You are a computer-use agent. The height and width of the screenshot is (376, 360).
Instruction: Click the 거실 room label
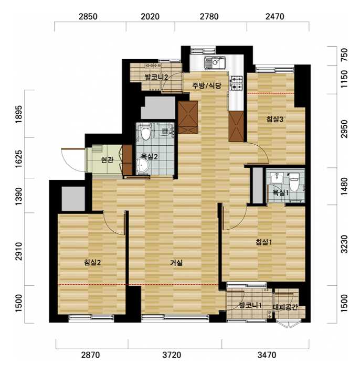coord(176,263)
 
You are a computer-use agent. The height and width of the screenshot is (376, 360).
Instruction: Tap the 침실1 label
coord(264,242)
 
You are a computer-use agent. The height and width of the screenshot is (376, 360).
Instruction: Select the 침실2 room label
coord(92,262)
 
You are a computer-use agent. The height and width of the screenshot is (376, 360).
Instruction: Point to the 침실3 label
coord(275,119)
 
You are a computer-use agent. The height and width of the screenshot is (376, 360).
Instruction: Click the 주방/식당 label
coord(207,85)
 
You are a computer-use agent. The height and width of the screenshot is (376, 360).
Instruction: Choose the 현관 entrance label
coord(107,159)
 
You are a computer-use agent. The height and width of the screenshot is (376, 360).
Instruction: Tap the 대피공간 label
coord(285,307)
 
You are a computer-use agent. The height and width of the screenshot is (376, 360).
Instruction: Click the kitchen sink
coord(215,63)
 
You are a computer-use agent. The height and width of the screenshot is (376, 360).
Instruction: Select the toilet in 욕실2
coord(145,133)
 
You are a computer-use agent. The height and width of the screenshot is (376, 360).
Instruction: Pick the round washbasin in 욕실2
coord(143,165)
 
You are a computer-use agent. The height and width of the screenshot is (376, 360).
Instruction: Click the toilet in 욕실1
coord(294,181)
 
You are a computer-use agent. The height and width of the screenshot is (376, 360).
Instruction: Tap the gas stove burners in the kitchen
coord(237,83)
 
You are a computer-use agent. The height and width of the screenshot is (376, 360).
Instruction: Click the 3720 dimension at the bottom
coord(172,354)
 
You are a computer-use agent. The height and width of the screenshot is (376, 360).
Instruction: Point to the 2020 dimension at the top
coord(150,17)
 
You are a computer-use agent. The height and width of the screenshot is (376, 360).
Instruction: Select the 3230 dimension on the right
coord(344,244)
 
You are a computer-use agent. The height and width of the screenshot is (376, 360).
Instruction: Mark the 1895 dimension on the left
coord(18,114)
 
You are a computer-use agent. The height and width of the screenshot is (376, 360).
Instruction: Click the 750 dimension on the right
coord(344,55)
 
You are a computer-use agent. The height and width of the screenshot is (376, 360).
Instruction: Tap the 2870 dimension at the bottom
coord(90,354)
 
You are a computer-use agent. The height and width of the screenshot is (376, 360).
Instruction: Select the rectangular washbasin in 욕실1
coord(277,178)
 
